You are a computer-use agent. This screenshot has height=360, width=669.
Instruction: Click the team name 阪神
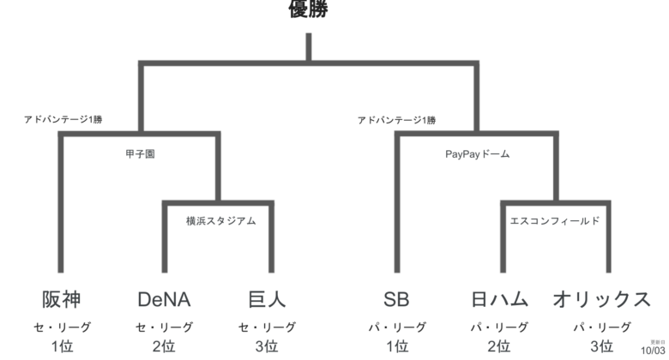62,299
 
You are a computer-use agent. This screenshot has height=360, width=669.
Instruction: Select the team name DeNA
164,299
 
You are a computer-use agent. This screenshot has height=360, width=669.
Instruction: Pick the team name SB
396,299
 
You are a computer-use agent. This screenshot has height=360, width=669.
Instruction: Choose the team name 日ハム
499,299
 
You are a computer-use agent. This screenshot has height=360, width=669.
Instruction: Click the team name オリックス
601,299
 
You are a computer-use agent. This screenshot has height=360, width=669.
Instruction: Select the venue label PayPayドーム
477,154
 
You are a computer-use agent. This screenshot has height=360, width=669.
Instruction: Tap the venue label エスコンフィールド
554,220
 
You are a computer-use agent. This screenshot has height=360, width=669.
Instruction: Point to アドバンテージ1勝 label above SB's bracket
396,120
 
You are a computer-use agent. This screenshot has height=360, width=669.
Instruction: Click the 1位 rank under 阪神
62,346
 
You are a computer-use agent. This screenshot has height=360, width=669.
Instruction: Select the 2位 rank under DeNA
164,346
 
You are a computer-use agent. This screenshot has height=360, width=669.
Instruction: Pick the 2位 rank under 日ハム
499,346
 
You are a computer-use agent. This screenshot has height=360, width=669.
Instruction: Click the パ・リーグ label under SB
396,327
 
